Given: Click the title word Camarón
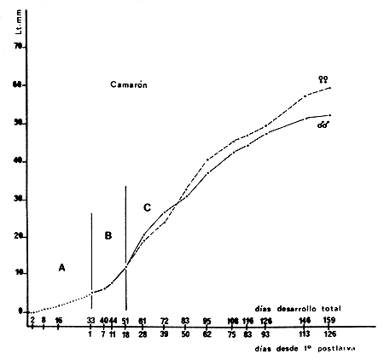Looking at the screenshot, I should tap(131, 85).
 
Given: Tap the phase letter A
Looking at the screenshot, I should tap(61, 266).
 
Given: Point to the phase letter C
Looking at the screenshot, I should tap(147, 207).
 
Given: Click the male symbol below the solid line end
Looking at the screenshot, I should tap(323, 125).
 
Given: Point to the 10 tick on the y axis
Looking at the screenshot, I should tap(18, 273).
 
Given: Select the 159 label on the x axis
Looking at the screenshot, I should tap(329, 321).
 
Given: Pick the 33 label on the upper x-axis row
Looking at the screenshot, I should tap(91, 321).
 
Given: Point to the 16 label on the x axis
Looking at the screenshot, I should tap(58, 321).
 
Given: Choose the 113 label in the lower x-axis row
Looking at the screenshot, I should tap(305, 334).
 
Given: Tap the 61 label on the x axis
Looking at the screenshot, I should tap(142, 321).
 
